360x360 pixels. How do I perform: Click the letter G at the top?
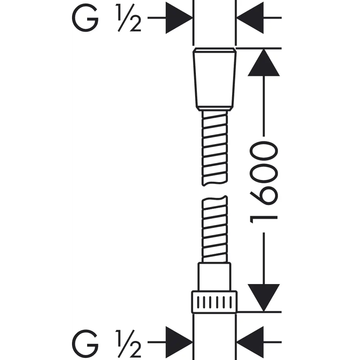pyautogui.click(x=85, y=18)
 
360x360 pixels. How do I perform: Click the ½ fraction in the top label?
pyautogui.click(x=129, y=18)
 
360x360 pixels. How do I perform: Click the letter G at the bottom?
pyautogui.click(x=85, y=343)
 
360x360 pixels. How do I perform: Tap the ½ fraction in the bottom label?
pyautogui.click(x=129, y=343)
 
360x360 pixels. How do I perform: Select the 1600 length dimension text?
pyautogui.click(x=264, y=183)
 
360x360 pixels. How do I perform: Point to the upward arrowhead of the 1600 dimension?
pyautogui.click(x=264, y=62)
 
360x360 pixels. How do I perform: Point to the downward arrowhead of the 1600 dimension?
pyautogui.click(x=264, y=298)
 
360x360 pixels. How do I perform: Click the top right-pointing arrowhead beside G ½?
pyautogui.click(x=179, y=18)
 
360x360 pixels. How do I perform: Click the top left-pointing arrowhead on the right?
pyautogui.click(x=250, y=18)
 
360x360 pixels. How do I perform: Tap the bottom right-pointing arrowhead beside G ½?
pyautogui.click(x=179, y=342)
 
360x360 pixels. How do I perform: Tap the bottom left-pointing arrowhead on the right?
pyautogui.click(x=250, y=342)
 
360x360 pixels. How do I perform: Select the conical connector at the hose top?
pyautogui.click(x=215, y=79)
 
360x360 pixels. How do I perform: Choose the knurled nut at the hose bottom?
pyautogui.click(x=215, y=302)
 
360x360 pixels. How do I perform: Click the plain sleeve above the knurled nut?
pyautogui.click(x=215, y=277)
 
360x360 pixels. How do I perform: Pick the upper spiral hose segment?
pyautogui.click(x=215, y=148)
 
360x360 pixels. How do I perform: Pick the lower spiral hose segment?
pyautogui.click(x=215, y=229)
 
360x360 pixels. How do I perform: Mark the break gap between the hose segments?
pyautogui.click(x=215, y=190)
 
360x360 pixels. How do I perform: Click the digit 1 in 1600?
pyautogui.click(x=264, y=220)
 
